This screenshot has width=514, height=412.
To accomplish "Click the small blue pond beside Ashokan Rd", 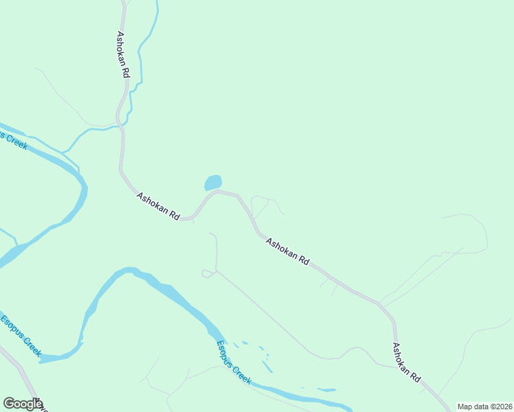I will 213,183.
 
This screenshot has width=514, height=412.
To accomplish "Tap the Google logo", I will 22,404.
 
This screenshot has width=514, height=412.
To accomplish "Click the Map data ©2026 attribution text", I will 484,407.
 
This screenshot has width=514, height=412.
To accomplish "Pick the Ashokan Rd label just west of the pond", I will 158,206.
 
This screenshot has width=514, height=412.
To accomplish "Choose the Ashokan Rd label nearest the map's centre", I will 287,252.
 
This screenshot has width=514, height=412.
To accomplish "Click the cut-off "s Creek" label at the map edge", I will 14,140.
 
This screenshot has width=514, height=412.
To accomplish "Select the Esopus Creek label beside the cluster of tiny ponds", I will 234,363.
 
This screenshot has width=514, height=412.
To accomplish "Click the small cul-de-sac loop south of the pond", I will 207,274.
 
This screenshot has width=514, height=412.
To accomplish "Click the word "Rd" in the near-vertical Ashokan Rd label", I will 126,72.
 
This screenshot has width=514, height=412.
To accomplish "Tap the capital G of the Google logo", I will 9,403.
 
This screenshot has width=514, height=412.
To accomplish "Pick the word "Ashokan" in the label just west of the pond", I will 153,203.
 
